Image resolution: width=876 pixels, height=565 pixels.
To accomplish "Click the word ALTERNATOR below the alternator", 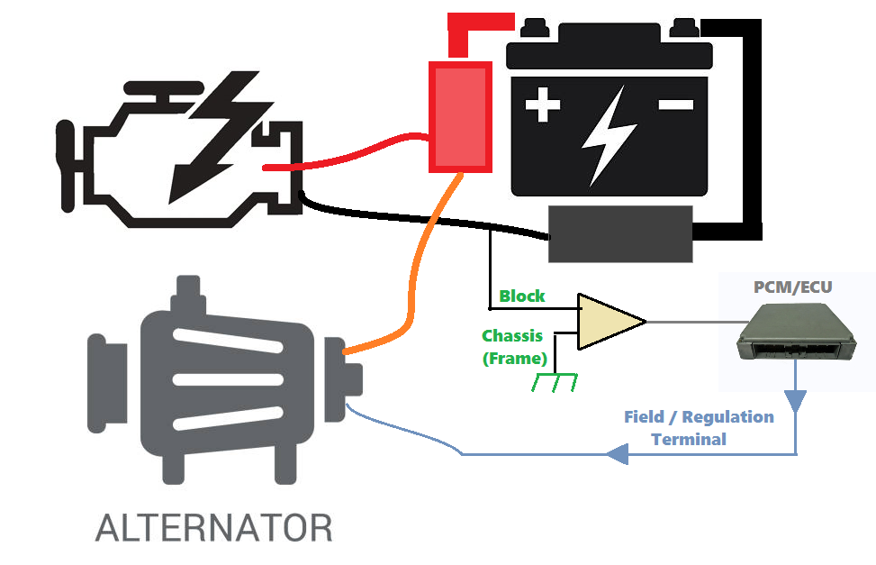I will point(213,527).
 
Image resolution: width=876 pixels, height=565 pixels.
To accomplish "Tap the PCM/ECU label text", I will point(792,288).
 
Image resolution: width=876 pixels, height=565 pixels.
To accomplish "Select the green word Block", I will point(522,296).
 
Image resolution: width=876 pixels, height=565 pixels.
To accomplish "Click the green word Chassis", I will point(512,336).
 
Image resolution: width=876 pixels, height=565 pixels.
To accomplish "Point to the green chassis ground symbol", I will point(554,382).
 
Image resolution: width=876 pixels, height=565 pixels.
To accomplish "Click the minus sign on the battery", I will point(675,105).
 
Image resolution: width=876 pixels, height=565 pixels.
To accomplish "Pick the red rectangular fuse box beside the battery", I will point(461,116).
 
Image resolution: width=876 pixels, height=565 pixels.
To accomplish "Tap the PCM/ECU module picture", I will point(792,333).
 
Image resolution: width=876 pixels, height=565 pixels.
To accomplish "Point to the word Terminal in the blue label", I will point(689,440).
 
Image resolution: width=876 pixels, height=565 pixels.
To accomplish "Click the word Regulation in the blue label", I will point(727,417).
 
